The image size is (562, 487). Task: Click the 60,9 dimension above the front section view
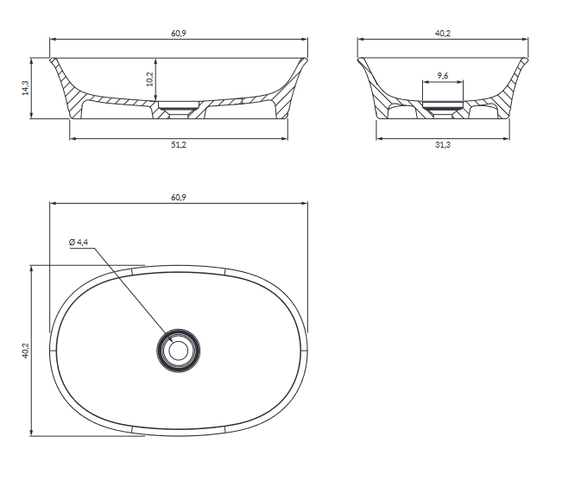pyautogui.click(x=179, y=34)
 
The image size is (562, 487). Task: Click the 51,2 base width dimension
pyautogui.click(x=179, y=145)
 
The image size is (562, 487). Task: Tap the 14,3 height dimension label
pyautogui.click(x=25, y=88)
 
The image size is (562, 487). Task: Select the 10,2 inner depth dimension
pyautogui.click(x=150, y=79)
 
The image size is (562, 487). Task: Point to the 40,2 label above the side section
pyautogui.click(x=443, y=34)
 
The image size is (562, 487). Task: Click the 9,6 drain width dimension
pyautogui.click(x=443, y=76)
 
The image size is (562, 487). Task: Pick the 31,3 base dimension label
pyautogui.click(x=443, y=145)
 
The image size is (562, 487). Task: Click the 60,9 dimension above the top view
pyautogui.click(x=179, y=198)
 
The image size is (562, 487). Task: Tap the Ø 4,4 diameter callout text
pyautogui.click(x=79, y=243)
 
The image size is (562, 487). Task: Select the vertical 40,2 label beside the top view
pyautogui.click(x=25, y=351)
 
